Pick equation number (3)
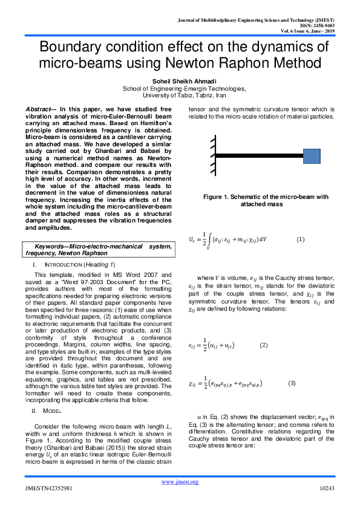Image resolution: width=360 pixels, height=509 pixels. [x=291, y=383]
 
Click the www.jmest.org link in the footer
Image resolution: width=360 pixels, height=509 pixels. [x=180, y=481]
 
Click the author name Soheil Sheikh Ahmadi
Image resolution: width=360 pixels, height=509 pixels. [x=180, y=81]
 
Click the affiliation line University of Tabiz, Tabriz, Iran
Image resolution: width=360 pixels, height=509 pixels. [x=180, y=95]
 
